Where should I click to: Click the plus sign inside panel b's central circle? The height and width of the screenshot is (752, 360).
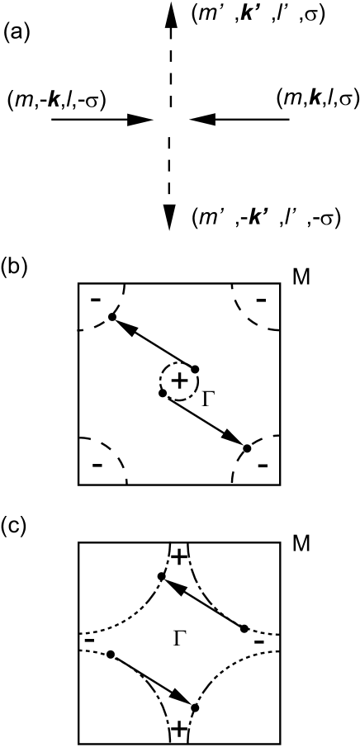click(178, 380)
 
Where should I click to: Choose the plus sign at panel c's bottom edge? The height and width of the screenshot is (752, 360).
click(178, 728)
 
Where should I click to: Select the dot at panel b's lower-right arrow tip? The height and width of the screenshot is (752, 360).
click(247, 447)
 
